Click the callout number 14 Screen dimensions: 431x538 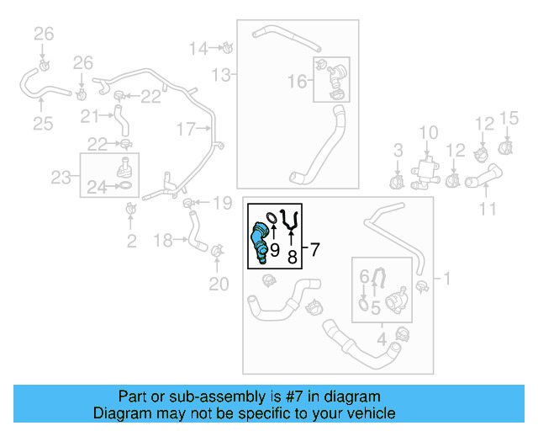(198, 48)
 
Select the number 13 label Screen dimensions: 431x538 (220, 76)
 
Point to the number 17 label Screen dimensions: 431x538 (185, 129)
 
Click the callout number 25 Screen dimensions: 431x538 (42, 125)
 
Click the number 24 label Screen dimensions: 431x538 (98, 189)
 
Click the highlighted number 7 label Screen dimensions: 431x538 (315, 249)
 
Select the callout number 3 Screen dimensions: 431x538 (398, 151)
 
